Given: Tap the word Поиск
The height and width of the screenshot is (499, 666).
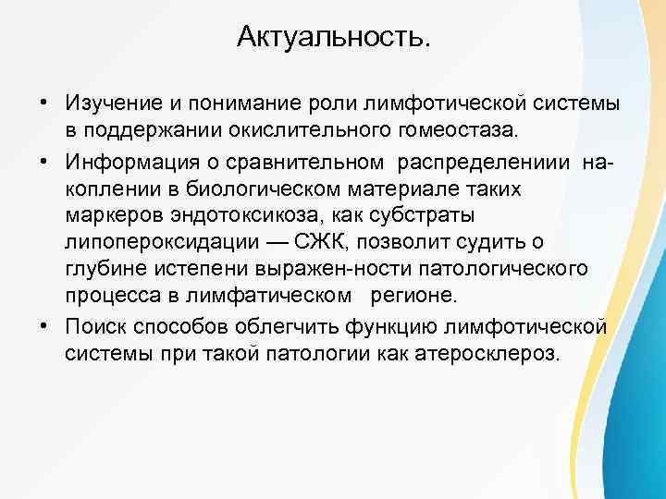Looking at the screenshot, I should click(x=97, y=329).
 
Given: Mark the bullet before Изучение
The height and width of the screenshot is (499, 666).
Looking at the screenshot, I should click(x=43, y=102).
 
